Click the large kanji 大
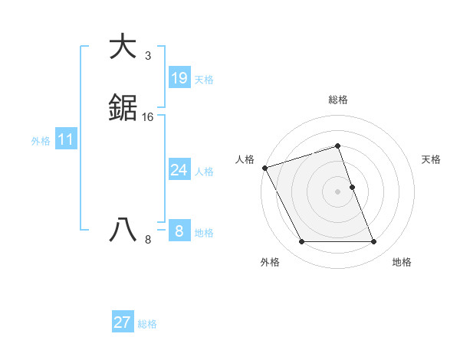[123, 47]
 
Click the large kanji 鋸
[123, 109]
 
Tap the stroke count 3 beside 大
[148, 56]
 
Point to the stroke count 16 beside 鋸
[148, 117]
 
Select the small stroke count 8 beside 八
[148, 240]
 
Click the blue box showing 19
[179, 77]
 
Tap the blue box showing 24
[179, 170]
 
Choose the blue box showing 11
[66, 140]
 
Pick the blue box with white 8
[179, 231]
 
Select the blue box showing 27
[123, 322]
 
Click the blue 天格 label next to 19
[204, 80]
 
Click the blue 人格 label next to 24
[204, 172]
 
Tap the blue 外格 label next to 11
[41, 141]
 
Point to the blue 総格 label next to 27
[147, 324]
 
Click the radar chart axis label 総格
[338, 100]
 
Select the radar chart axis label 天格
[431, 159]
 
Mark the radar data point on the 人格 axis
[264, 168]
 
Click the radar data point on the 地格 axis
[374, 242]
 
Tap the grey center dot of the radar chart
[338, 191]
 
